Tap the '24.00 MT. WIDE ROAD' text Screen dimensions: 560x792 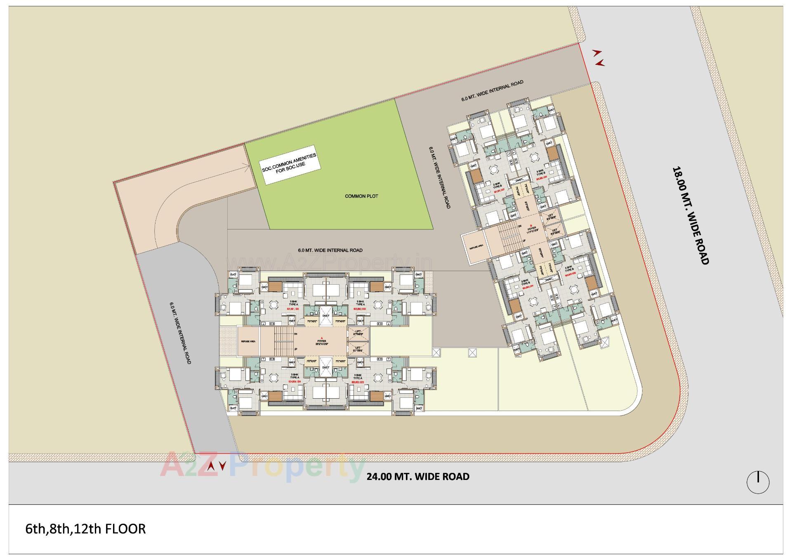click(x=418, y=477)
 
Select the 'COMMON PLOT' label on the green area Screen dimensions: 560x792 click(x=361, y=196)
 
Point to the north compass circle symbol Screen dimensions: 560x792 click(x=758, y=482)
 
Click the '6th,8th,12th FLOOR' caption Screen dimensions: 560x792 click(x=85, y=529)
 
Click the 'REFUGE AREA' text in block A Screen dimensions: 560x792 click(x=248, y=342)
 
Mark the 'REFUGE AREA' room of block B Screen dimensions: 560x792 click(x=475, y=248)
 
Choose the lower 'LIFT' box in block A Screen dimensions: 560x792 click(x=358, y=349)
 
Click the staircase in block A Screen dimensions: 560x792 click(x=283, y=341)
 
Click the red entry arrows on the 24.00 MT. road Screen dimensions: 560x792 click(x=217, y=466)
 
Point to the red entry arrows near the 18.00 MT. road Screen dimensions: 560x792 click(x=599, y=58)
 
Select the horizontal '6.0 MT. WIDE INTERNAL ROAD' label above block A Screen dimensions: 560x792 click(x=330, y=250)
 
